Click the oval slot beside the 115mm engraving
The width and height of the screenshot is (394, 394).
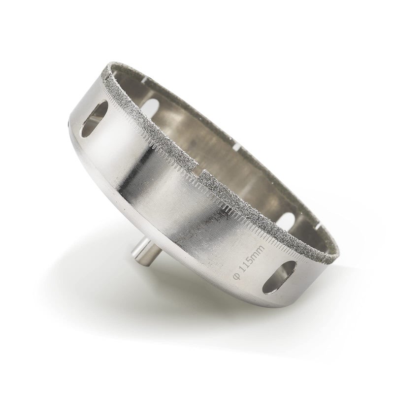click(279, 277)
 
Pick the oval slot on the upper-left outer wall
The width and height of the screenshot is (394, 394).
click(95, 119)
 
